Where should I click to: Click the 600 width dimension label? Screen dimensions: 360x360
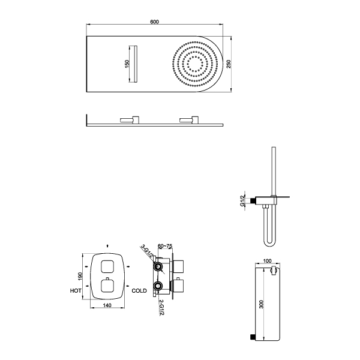(x=155, y=22)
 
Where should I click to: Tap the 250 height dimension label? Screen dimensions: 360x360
(x=229, y=64)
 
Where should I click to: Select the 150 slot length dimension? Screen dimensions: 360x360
(x=127, y=64)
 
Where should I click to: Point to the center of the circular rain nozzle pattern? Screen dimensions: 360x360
(x=195, y=64)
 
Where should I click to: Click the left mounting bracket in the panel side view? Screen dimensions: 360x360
(x=130, y=119)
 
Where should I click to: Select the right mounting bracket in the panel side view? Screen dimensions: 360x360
(x=189, y=119)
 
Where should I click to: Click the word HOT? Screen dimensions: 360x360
(x=76, y=291)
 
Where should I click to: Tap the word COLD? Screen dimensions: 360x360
(x=139, y=291)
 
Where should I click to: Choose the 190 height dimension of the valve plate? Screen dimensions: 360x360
(x=80, y=276)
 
